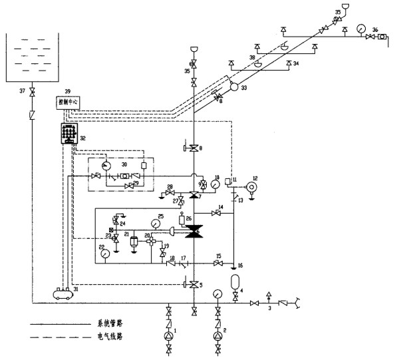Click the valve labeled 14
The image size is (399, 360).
point(216,213)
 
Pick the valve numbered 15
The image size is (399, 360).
point(218,264)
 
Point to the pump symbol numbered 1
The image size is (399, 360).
point(170,336)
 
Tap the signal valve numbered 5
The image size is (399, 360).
point(194,285)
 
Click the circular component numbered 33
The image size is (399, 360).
point(234,87)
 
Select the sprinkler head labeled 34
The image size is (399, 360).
point(288,65)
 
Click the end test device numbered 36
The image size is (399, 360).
point(382,37)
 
